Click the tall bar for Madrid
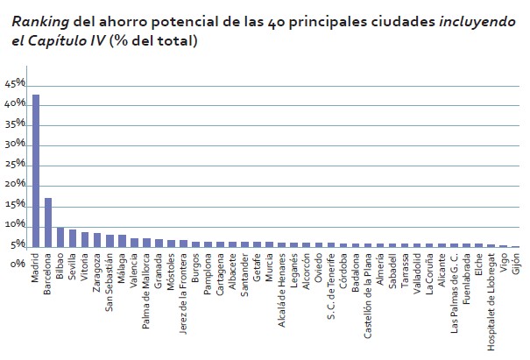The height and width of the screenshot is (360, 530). tap(36, 171)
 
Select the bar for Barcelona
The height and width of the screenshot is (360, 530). tap(48, 222)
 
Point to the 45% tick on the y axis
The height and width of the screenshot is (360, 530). tap(15, 84)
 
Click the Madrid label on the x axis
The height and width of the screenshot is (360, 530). tap(36, 268)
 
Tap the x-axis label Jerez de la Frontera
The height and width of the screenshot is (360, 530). tap(183, 290)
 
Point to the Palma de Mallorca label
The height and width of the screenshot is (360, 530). tap(146, 288)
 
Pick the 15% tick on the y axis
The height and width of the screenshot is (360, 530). tap(15, 205)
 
